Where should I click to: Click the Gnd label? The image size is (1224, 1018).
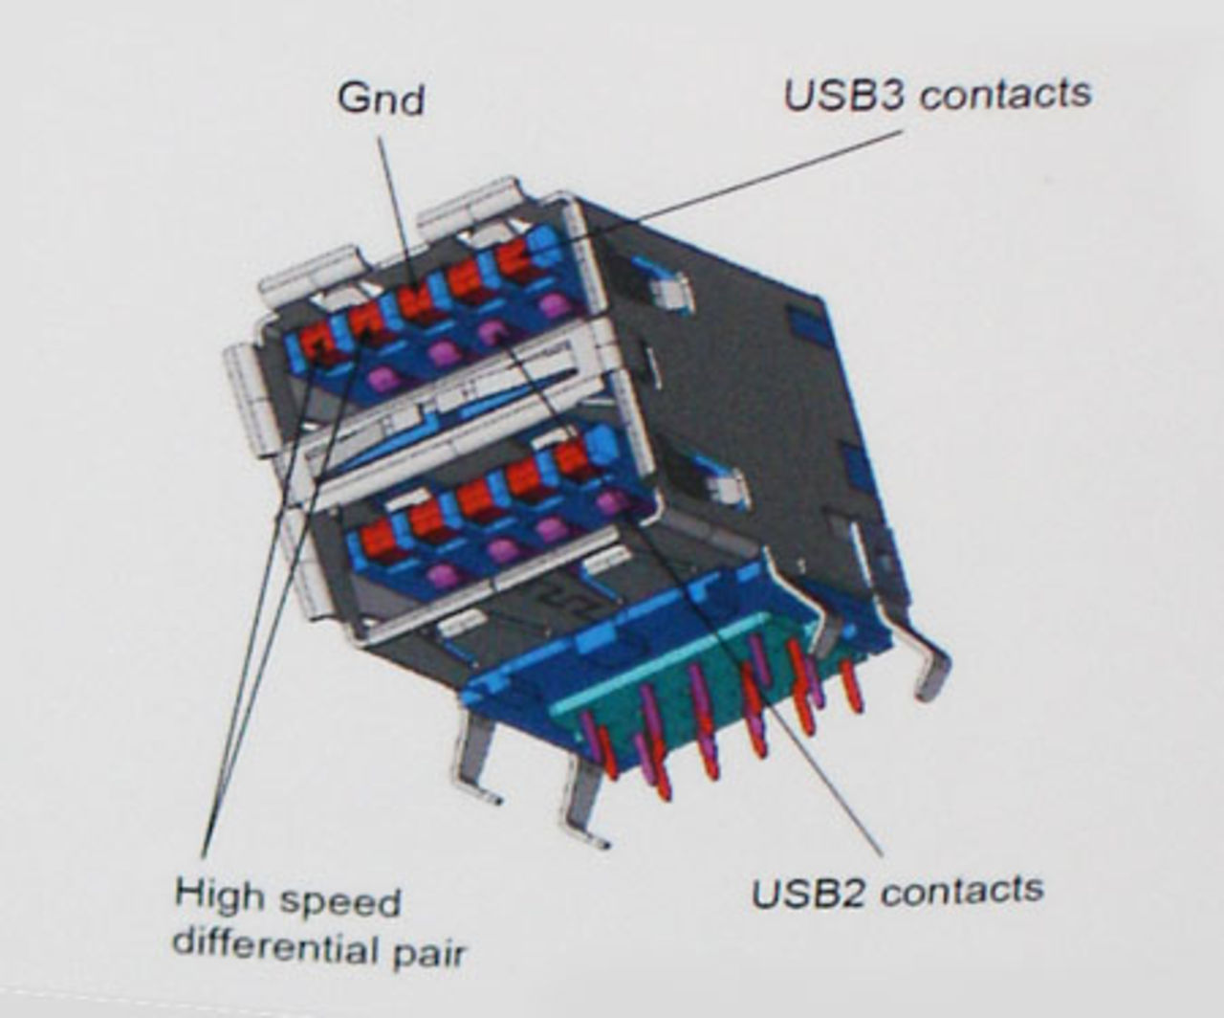pyautogui.click(x=381, y=100)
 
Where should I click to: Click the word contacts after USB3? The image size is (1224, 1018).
pyautogui.click(x=1005, y=95)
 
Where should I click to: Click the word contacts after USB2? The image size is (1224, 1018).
pyautogui.click(x=963, y=890)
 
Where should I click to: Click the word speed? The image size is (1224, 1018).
pyautogui.click(x=340, y=903)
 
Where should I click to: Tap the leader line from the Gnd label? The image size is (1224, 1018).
pyautogui.click(x=395, y=211)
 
